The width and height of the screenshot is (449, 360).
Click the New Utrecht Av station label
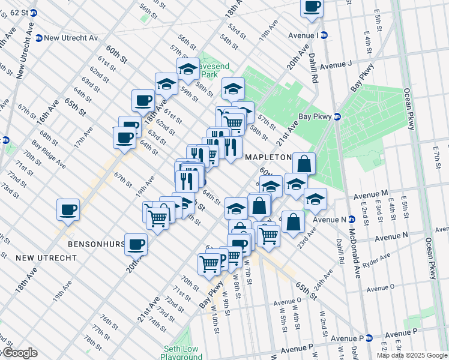coord(71,38)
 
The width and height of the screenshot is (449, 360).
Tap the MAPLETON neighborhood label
coord(268,157)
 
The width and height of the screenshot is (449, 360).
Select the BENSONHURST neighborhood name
coord(96,245)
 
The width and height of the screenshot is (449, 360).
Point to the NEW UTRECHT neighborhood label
coord(46,257)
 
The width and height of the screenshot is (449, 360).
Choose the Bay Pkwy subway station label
coord(316,117)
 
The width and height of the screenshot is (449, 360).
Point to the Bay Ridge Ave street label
coord(49,152)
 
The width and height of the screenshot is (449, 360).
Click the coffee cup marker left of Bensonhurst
coord(68,209)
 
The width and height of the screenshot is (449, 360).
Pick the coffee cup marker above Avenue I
coord(312,7)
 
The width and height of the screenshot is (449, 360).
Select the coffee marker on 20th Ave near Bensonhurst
coord(136,244)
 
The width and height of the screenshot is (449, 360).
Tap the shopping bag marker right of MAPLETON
coord(304,163)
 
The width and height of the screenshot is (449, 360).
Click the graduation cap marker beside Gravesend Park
coord(188,68)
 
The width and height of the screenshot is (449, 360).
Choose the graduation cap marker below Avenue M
coord(315,199)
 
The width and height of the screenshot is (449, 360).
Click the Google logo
coord(20,353)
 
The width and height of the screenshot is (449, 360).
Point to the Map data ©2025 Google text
coord(412,355)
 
